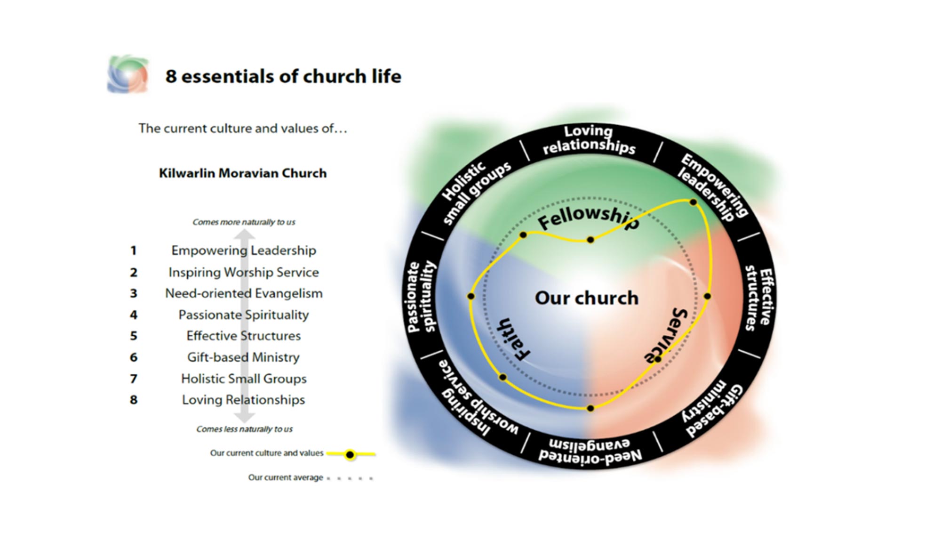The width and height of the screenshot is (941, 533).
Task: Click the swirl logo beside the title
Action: (x=128, y=74)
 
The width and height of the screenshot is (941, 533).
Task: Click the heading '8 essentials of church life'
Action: (x=283, y=76)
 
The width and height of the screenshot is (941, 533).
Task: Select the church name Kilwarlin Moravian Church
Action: (x=243, y=173)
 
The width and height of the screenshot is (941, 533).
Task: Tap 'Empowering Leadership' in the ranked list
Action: (x=243, y=250)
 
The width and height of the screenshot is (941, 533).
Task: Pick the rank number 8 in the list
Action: (x=134, y=400)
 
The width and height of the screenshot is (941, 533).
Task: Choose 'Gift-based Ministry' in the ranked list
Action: (x=243, y=357)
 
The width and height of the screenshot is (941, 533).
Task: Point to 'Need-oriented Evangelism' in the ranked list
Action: (x=244, y=293)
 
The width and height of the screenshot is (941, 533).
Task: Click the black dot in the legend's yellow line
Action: (x=350, y=454)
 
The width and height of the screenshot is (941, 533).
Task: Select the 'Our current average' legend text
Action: (x=285, y=477)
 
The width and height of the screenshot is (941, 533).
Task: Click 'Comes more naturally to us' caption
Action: (x=244, y=222)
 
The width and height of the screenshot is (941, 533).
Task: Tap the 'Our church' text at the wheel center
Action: (x=586, y=298)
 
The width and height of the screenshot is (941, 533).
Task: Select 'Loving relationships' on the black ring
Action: (x=589, y=139)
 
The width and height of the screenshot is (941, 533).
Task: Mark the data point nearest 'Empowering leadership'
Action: (x=693, y=202)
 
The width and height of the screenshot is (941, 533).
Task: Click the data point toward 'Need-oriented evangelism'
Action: (x=590, y=408)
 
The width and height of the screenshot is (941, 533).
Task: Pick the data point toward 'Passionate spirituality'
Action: (x=471, y=296)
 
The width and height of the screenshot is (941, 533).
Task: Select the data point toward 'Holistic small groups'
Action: (x=523, y=234)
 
